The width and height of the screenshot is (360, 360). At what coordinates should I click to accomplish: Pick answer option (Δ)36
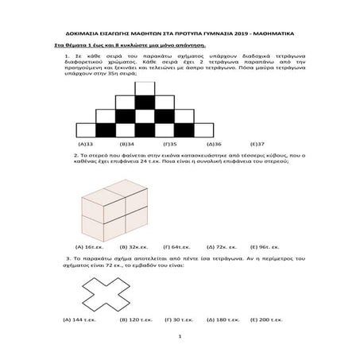(x=212, y=144)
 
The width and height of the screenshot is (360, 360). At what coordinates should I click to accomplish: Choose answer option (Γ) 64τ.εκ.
(x=176, y=246)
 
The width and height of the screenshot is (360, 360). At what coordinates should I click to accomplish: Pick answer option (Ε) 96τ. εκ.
(x=265, y=246)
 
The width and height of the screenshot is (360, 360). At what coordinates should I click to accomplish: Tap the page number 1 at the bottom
(x=180, y=339)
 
